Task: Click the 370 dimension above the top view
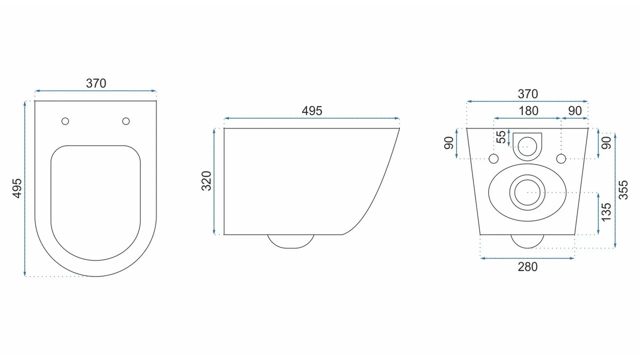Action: (x=96, y=83)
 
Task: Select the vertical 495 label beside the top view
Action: (x=17, y=188)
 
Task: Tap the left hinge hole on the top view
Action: (x=65, y=121)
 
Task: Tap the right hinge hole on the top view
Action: (x=125, y=121)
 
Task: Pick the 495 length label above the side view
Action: (x=312, y=111)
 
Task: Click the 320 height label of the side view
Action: (x=206, y=181)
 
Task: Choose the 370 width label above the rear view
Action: (x=527, y=94)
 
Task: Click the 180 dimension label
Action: (x=528, y=111)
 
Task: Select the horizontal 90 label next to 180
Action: (x=575, y=111)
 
